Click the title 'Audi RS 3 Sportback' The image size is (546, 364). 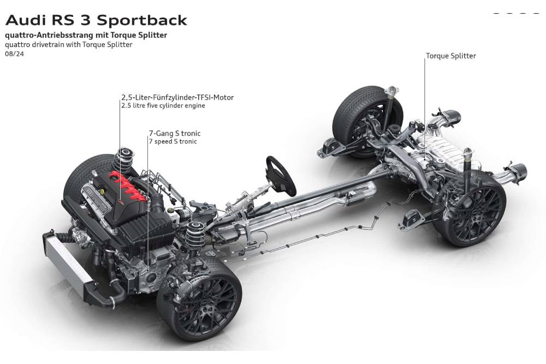[x=96, y=21]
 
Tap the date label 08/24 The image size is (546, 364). [x=14, y=54]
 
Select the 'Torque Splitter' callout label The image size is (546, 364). [x=450, y=56]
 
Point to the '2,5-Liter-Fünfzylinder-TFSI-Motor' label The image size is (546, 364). [x=177, y=97]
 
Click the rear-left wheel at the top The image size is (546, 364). [x=363, y=117]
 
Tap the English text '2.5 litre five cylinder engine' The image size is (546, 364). [x=163, y=106]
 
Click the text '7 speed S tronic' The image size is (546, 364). [x=173, y=141]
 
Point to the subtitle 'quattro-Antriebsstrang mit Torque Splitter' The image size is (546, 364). [x=86, y=35]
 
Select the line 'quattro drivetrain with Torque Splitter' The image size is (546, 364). [x=68, y=45]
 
